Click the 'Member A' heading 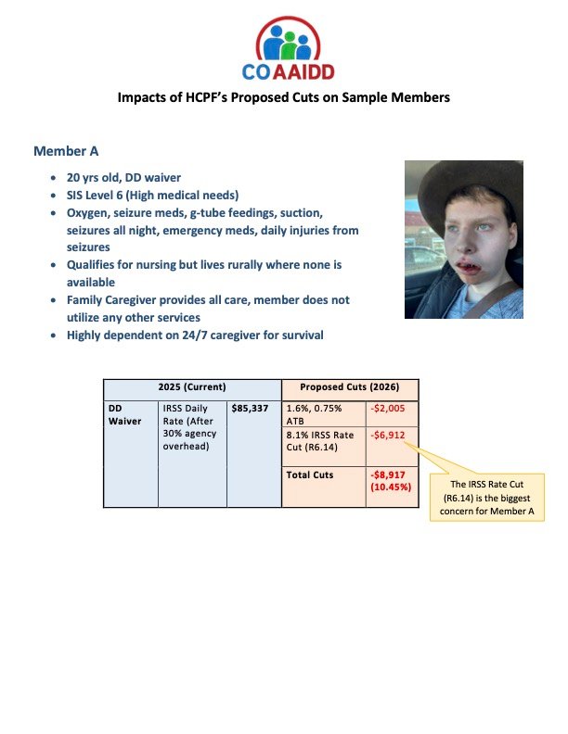[67, 151]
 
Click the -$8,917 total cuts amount [391, 474]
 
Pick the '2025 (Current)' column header [192, 387]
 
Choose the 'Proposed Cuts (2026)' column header [350, 387]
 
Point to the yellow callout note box [486, 497]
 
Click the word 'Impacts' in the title [148, 97]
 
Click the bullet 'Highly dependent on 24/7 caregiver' [195, 335]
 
